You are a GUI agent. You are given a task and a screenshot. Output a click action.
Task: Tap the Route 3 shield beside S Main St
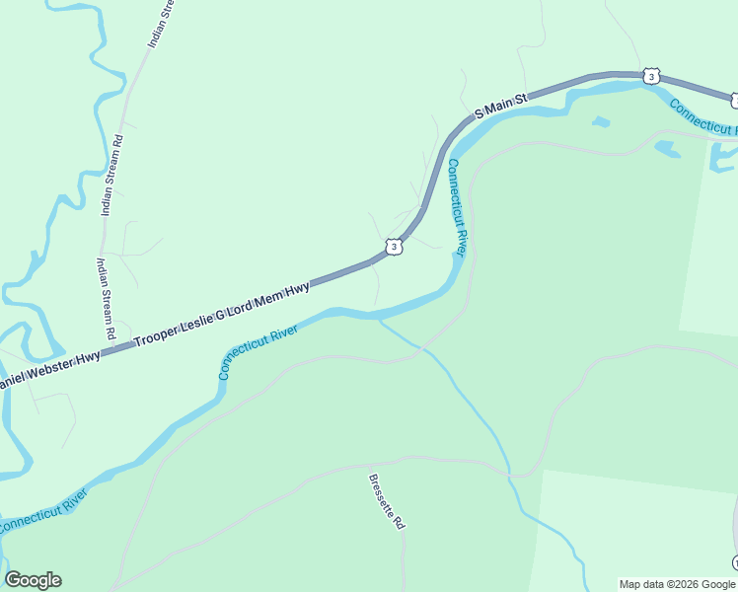point(649,76)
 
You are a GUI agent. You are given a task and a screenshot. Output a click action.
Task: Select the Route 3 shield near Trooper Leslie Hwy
point(393,247)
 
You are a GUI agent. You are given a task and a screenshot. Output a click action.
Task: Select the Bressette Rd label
point(387,502)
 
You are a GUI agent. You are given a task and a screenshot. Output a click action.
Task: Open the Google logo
point(33,580)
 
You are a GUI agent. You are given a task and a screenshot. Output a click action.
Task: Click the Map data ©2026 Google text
point(676,584)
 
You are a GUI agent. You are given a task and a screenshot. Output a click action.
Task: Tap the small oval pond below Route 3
point(600,122)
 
